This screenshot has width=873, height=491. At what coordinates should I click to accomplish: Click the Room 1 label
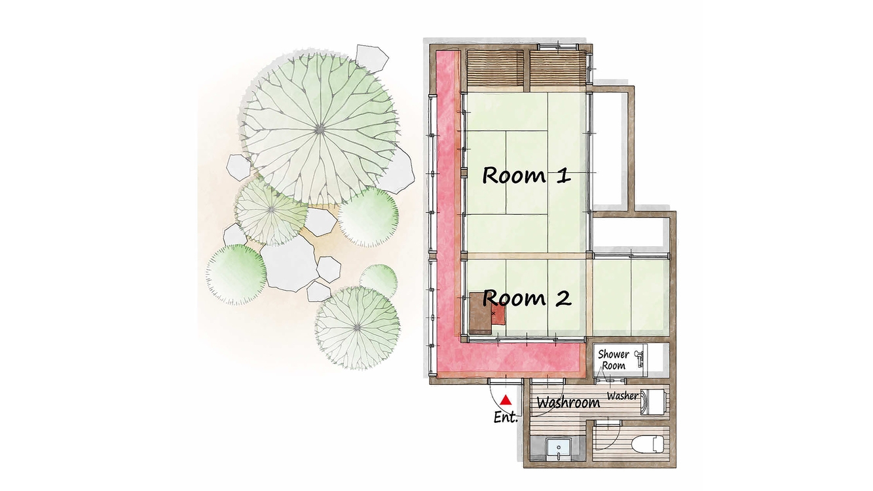(x=527, y=175)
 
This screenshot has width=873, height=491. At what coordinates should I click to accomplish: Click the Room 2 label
(x=527, y=298)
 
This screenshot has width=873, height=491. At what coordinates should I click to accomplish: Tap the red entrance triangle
(x=506, y=399)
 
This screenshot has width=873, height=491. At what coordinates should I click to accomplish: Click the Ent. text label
(x=506, y=417)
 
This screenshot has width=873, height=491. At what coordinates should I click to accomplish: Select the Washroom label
(x=568, y=402)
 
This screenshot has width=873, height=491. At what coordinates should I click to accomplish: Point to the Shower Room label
(x=614, y=360)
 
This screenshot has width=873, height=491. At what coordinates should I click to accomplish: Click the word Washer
(x=622, y=396)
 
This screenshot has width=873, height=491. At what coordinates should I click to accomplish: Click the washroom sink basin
(x=559, y=449)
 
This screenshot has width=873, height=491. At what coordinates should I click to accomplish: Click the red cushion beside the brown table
(x=499, y=314)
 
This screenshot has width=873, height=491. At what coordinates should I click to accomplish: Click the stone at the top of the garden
(x=372, y=58)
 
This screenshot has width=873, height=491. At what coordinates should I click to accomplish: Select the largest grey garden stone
(x=289, y=263)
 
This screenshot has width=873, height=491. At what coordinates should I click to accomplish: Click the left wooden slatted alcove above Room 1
(x=495, y=69)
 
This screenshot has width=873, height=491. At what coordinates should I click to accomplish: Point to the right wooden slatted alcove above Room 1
(x=558, y=69)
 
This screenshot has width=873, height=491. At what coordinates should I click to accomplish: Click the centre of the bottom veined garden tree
(x=358, y=328)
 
